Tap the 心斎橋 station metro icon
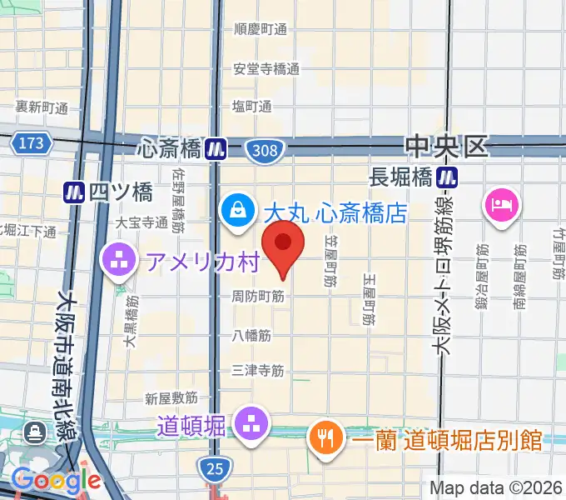(x=217, y=149)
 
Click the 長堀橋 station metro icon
(x=449, y=177)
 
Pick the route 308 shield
(x=266, y=150)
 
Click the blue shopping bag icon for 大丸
(x=238, y=208)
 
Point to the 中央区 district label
(x=446, y=147)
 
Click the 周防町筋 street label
(x=258, y=296)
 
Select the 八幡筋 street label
(x=252, y=336)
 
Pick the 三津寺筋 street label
(x=258, y=370)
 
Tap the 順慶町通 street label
(x=261, y=30)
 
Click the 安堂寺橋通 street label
(x=266, y=69)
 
